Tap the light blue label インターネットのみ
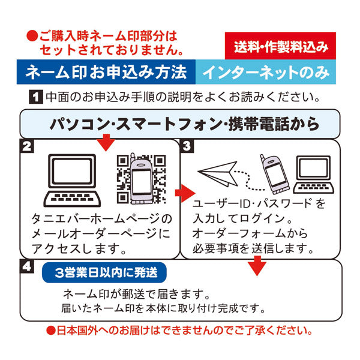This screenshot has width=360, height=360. point(265,73)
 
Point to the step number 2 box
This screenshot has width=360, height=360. point(26,146)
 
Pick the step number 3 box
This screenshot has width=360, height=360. point(187,146)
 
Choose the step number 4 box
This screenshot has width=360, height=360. point(26,265)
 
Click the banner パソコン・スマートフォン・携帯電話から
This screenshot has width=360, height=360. point(180,124)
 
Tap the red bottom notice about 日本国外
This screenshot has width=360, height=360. point(180,331)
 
